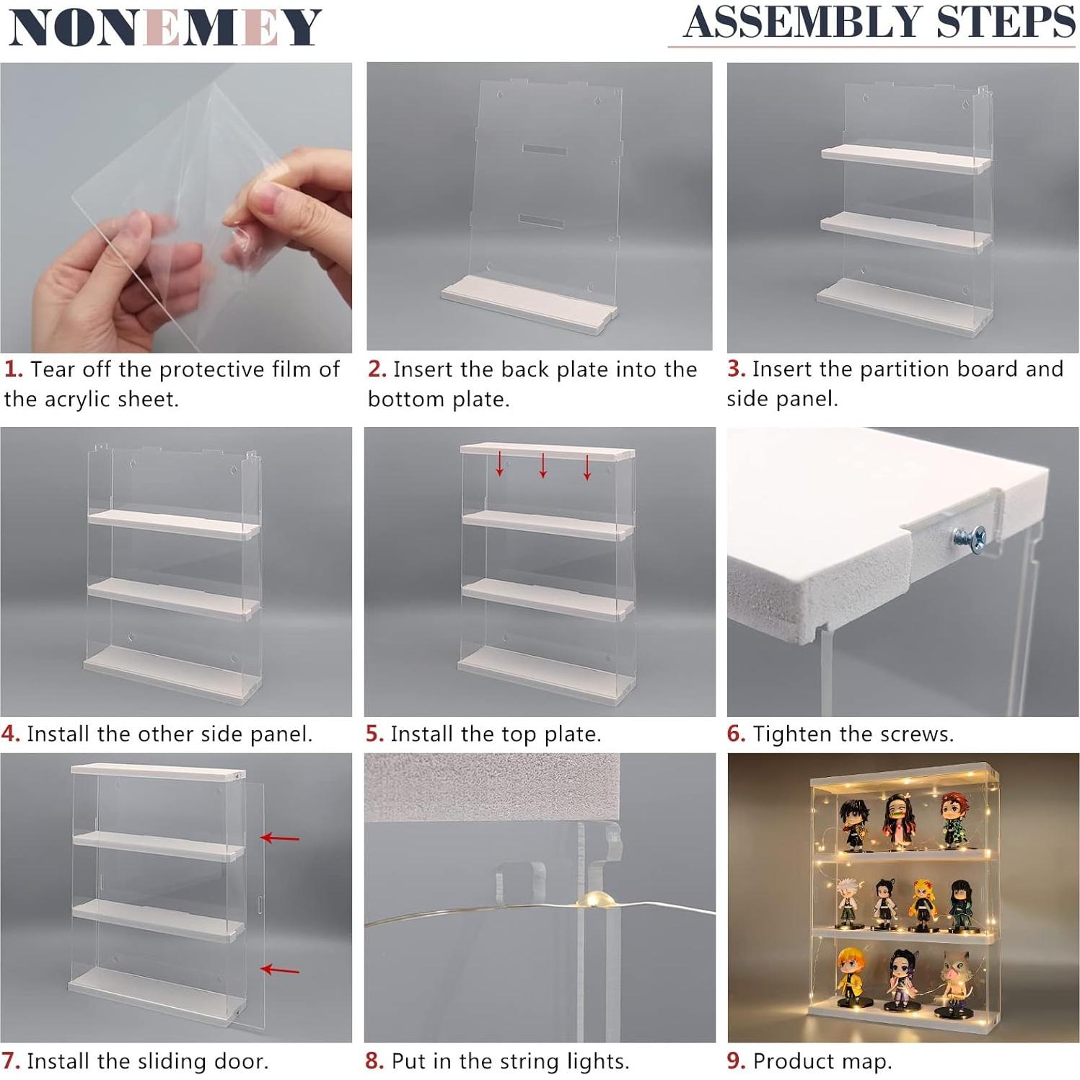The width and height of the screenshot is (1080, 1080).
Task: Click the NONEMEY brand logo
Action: click(x=165, y=27)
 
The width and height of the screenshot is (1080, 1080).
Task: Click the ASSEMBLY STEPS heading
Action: click(x=879, y=22)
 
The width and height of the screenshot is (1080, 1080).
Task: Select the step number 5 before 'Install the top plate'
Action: click(x=374, y=734)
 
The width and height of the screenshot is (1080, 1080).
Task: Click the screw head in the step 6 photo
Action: click(x=969, y=537)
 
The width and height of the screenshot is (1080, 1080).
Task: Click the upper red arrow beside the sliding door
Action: click(x=279, y=838)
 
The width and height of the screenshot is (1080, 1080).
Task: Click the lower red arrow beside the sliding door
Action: click(x=279, y=970)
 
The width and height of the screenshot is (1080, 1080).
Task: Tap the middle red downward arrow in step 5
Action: click(x=543, y=465)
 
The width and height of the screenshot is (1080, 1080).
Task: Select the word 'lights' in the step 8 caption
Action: click(x=598, y=1061)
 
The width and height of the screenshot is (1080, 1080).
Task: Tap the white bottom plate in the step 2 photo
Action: click(x=530, y=305)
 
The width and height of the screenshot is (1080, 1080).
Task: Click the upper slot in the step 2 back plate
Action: click(x=544, y=150)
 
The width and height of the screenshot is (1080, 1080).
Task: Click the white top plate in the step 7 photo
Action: click(x=158, y=772)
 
